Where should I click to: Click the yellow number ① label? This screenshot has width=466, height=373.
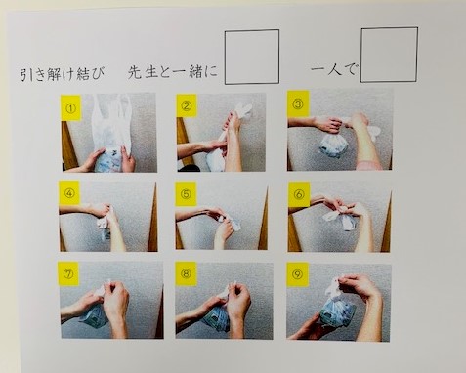pos(70,107)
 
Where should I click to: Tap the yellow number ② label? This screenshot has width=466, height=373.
pos(187,105)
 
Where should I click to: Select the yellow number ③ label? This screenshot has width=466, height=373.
pos(298,104)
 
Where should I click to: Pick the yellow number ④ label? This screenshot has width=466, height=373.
pos(69,193)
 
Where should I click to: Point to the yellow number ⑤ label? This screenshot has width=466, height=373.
pos(186,194)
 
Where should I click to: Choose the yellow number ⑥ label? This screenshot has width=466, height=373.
pos(298,194)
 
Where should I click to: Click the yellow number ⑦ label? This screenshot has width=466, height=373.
pos(68,273)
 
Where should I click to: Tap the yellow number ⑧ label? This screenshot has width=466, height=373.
pos(186,273)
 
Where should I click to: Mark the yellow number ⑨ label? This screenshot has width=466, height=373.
pos(297,274)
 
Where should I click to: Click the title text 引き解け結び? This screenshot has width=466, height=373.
pos(63,74)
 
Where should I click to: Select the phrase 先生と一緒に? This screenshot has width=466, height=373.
pos(173,72)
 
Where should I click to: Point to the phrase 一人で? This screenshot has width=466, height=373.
pos(334,69)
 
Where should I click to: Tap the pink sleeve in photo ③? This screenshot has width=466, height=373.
pos(369,165)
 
